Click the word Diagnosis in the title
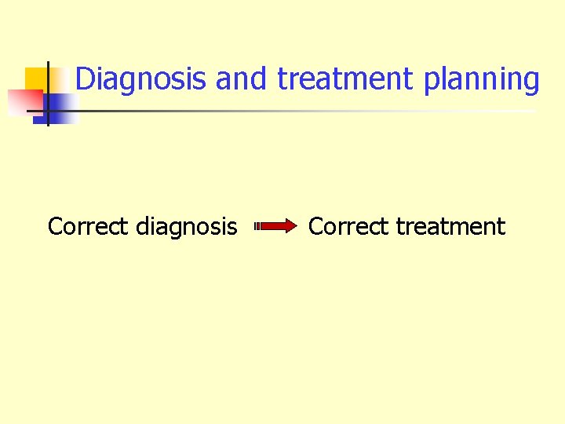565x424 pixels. (142, 79)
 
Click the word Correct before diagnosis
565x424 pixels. (87, 227)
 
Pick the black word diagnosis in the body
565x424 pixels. (186, 228)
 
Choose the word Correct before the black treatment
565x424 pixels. (348, 227)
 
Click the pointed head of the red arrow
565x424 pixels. (292, 227)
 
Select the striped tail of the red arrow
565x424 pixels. (257, 227)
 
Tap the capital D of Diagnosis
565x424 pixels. (86, 79)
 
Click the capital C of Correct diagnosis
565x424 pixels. (56, 227)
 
